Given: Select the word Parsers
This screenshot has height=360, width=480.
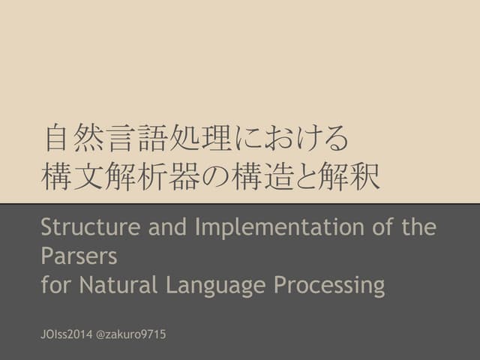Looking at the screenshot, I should [79, 256].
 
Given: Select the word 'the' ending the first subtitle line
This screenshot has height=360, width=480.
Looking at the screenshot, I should [415, 226].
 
